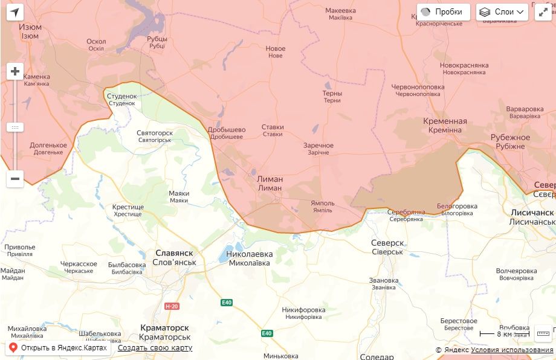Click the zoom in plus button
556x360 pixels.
coord(15,71)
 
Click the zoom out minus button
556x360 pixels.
coord(15,178)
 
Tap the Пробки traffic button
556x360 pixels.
coord(443,12)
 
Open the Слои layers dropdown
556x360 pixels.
coord(502,12)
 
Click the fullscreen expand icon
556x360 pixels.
coord(543,12)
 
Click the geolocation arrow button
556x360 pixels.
coord(15,12)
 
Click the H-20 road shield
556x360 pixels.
coord(172,307)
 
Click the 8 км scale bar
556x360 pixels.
coord(496,333)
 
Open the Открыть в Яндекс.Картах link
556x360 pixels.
coord(58,348)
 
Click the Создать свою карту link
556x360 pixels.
coord(155,348)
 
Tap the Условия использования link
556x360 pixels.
coord(512,350)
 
